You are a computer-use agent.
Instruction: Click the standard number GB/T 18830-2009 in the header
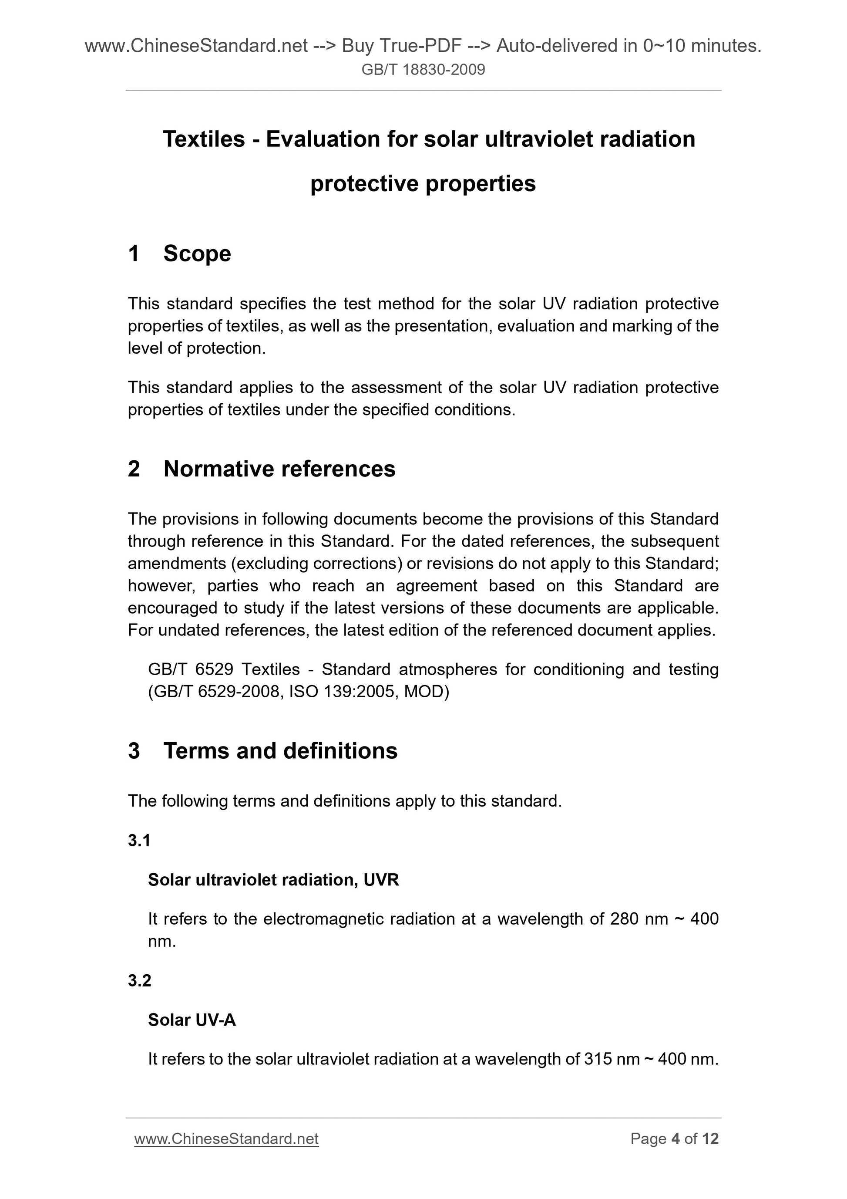pos(423,69)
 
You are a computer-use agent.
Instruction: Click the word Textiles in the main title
pos(204,139)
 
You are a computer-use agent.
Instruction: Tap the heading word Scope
pos(197,254)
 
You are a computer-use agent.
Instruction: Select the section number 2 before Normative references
pos(134,469)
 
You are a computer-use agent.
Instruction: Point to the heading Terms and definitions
pos(280,751)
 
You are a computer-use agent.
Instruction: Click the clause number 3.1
pos(139,840)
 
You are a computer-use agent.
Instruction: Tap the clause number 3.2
pos(139,981)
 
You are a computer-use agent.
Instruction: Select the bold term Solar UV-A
pos(192,1020)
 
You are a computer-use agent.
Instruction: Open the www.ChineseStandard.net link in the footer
pos(226,1139)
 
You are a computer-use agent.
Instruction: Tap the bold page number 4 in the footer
pos(676,1139)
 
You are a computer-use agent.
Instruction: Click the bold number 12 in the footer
pos(710,1139)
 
